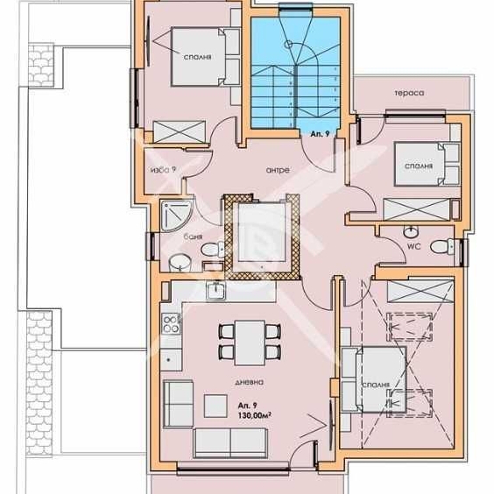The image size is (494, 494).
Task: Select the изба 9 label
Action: (x=164, y=169)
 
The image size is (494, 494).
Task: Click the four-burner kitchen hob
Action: (x=169, y=327)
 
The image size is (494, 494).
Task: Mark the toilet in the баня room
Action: (x=209, y=251)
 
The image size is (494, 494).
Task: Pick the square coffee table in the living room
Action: (x=215, y=406)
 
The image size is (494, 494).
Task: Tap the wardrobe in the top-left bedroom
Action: (x=180, y=131)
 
